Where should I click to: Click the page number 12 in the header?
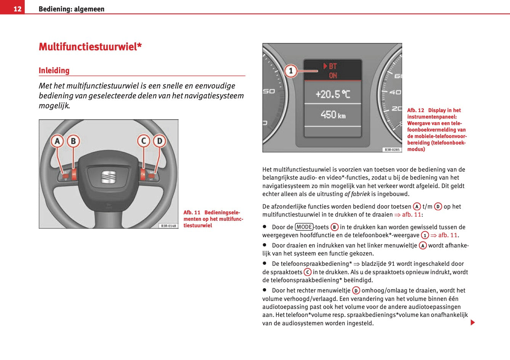click(x=17, y=9)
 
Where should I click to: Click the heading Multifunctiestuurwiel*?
click(x=90, y=47)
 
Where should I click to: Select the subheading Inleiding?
click(x=54, y=71)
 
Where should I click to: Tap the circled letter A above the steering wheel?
click(x=57, y=141)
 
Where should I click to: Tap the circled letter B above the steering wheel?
click(x=73, y=141)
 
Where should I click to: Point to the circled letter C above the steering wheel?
click(x=144, y=141)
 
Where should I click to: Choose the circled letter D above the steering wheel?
click(x=159, y=141)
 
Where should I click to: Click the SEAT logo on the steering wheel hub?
click(x=108, y=177)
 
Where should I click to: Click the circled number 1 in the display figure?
click(x=291, y=71)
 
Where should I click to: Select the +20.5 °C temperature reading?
click(x=332, y=94)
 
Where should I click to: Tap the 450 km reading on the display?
click(x=333, y=115)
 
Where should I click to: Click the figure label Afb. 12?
click(x=415, y=110)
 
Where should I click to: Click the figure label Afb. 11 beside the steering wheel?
click(x=192, y=212)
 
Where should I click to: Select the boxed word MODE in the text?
click(x=304, y=227)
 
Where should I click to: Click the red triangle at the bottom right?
click(x=473, y=323)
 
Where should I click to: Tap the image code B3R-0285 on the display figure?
click(x=392, y=150)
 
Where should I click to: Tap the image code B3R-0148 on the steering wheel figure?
click(x=168, y=226)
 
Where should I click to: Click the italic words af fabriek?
click(x=357, y=194)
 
